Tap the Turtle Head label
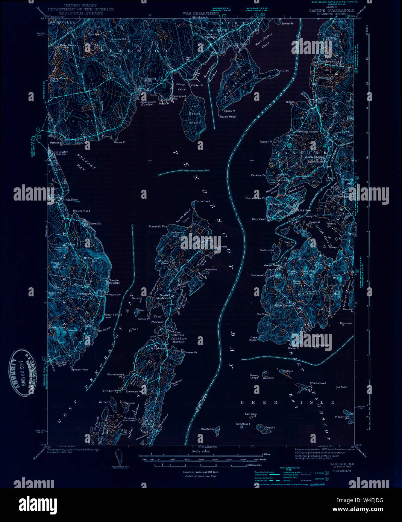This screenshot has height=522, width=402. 203,201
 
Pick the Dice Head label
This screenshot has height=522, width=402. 259,219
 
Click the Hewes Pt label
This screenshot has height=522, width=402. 191,352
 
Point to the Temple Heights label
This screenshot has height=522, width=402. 114,281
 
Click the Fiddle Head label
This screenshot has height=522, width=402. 318,383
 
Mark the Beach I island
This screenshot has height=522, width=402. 270,428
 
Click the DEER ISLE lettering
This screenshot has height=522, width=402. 287,402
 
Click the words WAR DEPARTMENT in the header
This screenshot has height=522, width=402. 200,14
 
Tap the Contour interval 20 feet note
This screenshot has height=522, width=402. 200,471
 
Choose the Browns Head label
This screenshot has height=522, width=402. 82,211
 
